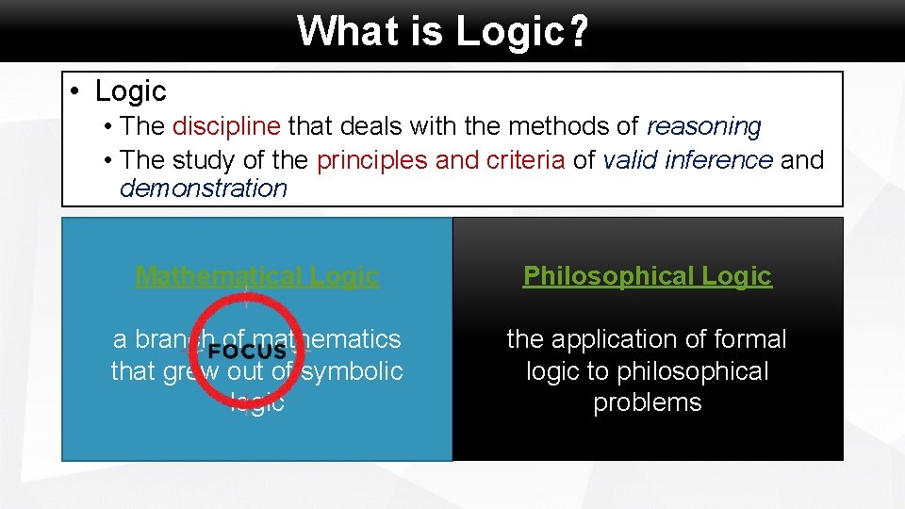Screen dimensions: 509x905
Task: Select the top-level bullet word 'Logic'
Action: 130,91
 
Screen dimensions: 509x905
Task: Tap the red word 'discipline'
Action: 226,126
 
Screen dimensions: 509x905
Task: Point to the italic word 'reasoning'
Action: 703,126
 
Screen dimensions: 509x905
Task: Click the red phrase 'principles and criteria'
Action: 440,160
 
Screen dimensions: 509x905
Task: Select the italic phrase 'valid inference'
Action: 687,160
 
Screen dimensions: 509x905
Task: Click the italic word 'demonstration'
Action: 203,189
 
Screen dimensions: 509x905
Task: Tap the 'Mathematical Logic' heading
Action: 256,276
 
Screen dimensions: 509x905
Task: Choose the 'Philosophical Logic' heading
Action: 647,276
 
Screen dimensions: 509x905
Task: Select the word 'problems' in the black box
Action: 647,402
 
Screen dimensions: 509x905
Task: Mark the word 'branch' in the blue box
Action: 174,339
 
